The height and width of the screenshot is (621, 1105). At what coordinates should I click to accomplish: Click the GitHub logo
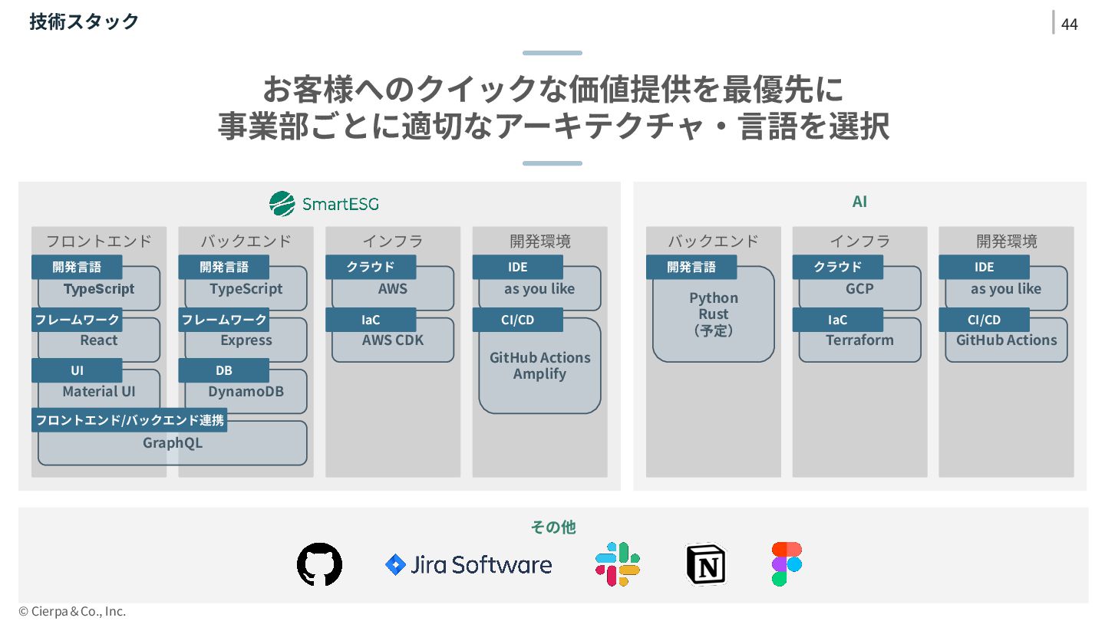[319, 565]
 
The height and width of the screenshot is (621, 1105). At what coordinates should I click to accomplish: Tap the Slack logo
[618, 564]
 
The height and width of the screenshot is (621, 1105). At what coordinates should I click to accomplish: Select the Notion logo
[705, 565]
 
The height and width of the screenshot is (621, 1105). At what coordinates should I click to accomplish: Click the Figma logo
[787, 564]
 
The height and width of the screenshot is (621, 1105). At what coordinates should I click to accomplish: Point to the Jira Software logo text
[480, 565]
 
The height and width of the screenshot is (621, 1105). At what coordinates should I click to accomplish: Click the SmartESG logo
[324, 204]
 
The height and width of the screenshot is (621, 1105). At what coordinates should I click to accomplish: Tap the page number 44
[1069, 25]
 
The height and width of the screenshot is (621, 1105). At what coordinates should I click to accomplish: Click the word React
[99, 340]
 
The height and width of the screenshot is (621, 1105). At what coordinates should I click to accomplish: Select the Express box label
[246, 340]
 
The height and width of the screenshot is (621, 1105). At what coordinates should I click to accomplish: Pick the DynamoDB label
[246, 392]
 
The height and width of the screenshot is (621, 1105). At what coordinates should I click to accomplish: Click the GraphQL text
[173, 443]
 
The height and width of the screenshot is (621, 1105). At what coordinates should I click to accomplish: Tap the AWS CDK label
[393, 340]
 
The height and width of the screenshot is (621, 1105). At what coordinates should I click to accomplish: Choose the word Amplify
[539, 374]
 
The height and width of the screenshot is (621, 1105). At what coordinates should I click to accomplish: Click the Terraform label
[859, 340]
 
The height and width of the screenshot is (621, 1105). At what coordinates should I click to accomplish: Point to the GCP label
[859, 289]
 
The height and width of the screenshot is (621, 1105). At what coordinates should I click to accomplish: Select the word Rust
[714, 314]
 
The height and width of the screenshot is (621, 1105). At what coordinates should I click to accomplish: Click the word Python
[714, 298]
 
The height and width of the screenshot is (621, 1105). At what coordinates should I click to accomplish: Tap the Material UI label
[99, 392]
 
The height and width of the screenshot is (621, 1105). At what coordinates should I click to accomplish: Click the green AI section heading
[859, 202]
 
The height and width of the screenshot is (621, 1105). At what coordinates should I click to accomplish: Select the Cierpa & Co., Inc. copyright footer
[72, 611]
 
